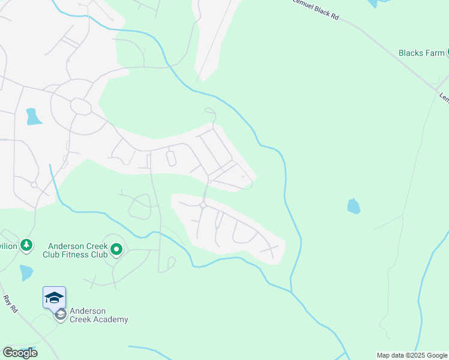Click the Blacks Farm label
421,53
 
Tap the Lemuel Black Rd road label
316,10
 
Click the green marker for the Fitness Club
116,248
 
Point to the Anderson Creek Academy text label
98,315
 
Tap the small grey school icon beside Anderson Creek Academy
60,314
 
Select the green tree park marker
26,245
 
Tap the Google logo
20,353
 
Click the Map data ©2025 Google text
412,355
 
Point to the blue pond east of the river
354,206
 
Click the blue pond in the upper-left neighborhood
33,116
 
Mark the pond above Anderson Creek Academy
26,272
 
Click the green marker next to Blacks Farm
448,53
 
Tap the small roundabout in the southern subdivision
203,205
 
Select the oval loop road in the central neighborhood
170,158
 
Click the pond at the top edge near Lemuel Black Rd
373,3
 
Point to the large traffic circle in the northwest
80,106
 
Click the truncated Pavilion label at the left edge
8,245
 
